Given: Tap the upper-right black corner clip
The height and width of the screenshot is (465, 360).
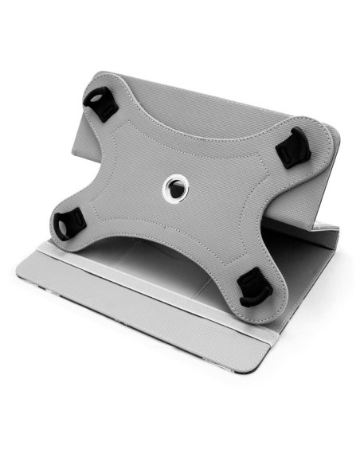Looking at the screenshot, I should tap(292, 145).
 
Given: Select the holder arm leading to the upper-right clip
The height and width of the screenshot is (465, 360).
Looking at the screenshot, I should tap(255, 159).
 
